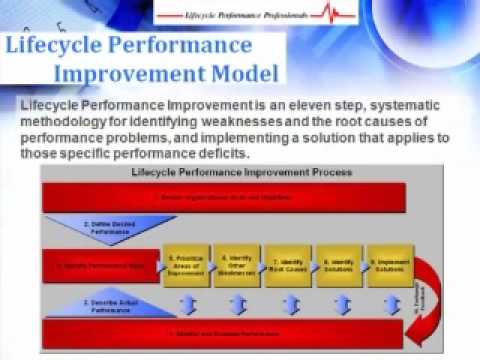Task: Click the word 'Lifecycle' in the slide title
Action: [x=63, y=47]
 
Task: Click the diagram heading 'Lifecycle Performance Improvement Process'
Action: [x=241, y=172]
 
